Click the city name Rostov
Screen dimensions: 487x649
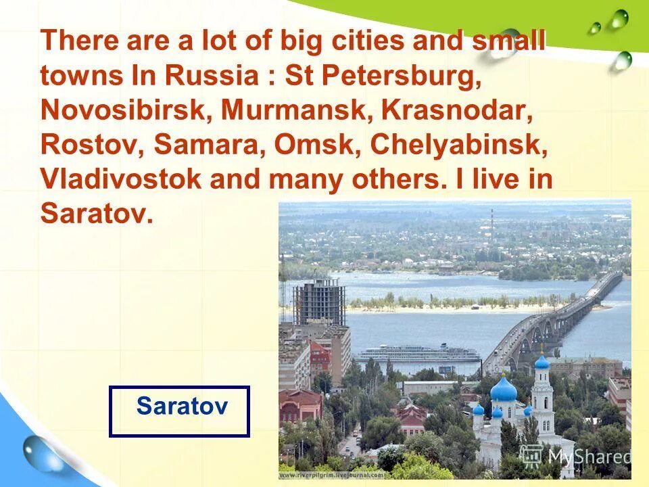click(x=91, y=145)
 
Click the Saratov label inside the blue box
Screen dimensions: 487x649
click(x=182, y=407)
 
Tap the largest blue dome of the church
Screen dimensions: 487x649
click(x=504, y=390)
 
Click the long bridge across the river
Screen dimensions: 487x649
click(x=554, y=318)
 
